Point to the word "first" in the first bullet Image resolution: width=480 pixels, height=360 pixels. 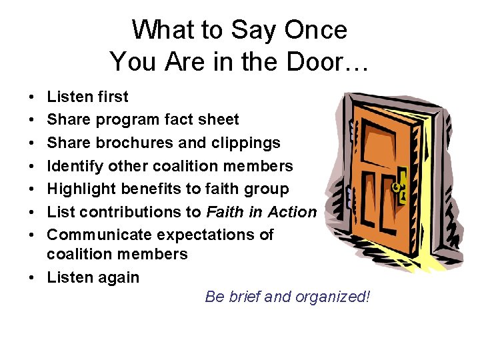point(111,97)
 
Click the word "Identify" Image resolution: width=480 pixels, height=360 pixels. point(73,165)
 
